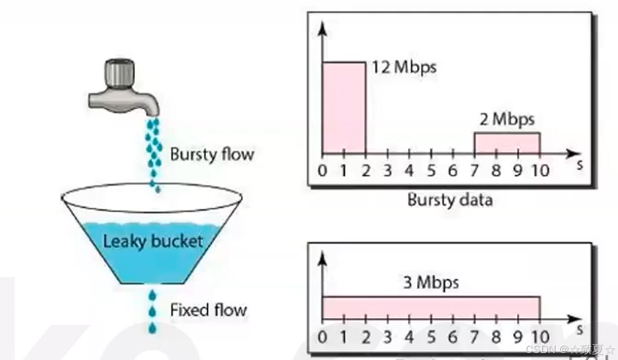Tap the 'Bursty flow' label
pyautogui.click(x=212, y=153)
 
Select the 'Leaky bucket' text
pyautogui.click(x=153, y=242)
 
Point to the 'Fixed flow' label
pyautogui.click(x=208, y=310)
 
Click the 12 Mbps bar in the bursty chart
pyautogui.click(x=344, y=107)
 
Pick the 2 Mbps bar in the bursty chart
pyautogui.click(x=507, y=142)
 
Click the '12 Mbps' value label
pyautogui.click(x=403, y=68)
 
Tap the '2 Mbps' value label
pyautogui.click(x=507, y=120)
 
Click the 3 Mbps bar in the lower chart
pyautogui.click(x=431, y=307)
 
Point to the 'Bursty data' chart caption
pyautogui.click(x=449, y=200)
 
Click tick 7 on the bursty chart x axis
pyautogui.click(x=475, y=170)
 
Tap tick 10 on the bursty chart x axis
pyautogui.click(x=540, y=170)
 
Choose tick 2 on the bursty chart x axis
pyautogui.click(x=365, y=170)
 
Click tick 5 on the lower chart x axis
pyautogui.click(x=431, y=337)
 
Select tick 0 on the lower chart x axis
pyautogui.click(x=323, y=337)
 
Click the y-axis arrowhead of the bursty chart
pyautogui.click(x=322, y=28)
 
